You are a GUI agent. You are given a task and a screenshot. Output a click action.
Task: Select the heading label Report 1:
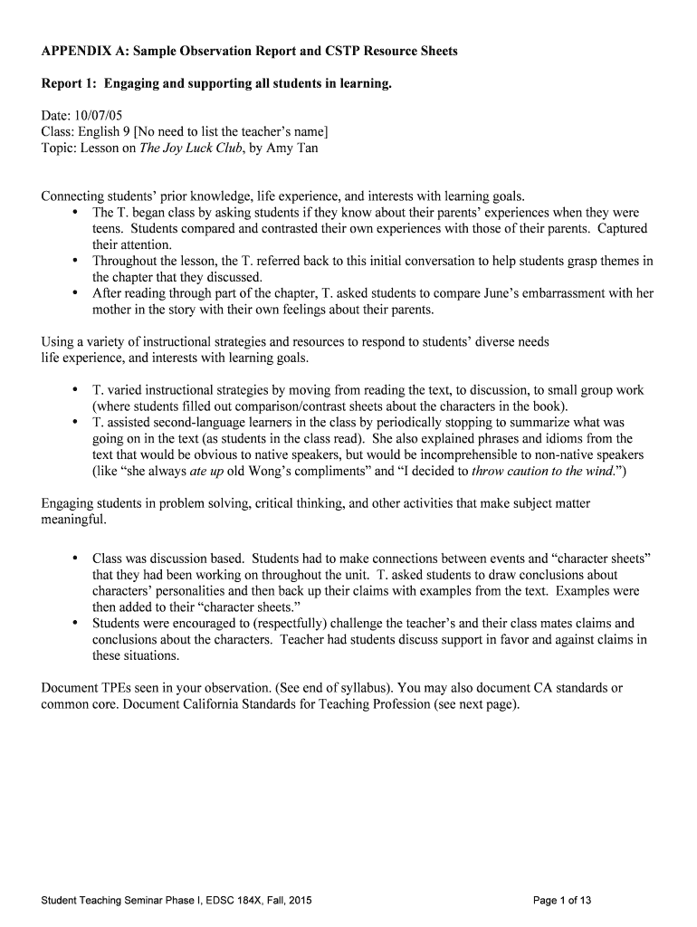coord(70,84)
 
